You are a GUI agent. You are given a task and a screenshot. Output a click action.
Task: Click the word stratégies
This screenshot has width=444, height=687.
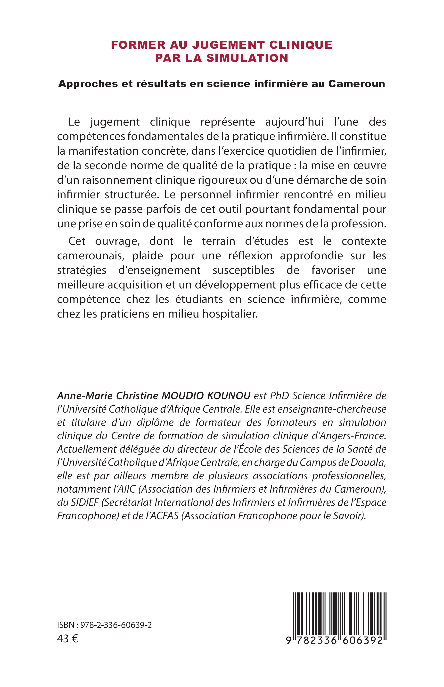tap(82, 270)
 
